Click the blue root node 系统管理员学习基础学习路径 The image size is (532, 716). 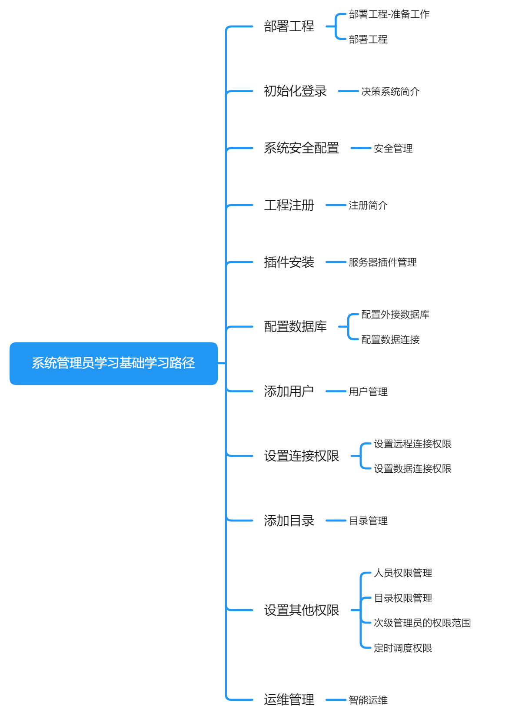tap(113, 363)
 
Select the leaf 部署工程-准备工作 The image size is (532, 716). tap(389, 14)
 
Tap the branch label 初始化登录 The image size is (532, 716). tap(295, 91)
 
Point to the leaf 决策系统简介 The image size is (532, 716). tap(390, 92)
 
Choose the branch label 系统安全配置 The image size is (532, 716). tap(301, 148)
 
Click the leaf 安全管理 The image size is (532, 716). tap(393, 149)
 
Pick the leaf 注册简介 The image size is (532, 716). tap(368, 206)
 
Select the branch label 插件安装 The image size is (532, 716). tap(289, 262)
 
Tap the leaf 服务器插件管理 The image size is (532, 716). tap(382, 262)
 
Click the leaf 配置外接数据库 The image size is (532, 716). tap(395, 315)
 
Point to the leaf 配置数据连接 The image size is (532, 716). tap(390, 340)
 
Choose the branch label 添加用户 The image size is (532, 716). tap(289, 391)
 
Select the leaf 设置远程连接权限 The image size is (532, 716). tap(412, 444)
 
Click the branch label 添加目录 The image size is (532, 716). tap(289, 520)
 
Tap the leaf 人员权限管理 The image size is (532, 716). tap(403, 573)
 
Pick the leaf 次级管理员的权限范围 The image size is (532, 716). tap(422, 623)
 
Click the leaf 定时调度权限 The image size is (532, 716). tap(403, 648)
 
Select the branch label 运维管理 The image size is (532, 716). tap(289, 699)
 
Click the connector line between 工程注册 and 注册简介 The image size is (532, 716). tap(336, 205)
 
